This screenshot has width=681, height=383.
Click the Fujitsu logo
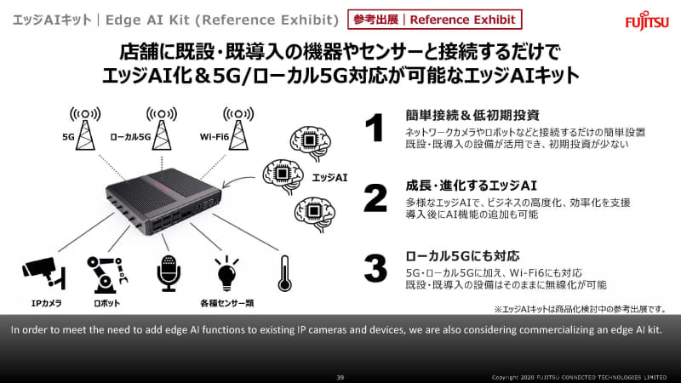(x=647, y=20)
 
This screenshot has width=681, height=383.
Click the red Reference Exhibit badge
(x=435, y=20)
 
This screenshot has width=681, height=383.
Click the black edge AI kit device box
(x=163, y=201)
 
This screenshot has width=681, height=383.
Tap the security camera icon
(x=44, y=273)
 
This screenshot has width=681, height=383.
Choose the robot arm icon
(x=107, y=274)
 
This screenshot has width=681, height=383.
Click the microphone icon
(x=169, y=273)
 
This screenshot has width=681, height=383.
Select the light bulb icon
(x=226, y=273)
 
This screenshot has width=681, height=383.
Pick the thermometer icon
(x=284, y=273)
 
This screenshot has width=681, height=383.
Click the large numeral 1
(x=375, y=128)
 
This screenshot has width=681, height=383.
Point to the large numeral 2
(x=375, y=198)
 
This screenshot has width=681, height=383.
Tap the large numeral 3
(x=375, y=268)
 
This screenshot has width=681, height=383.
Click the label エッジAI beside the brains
(x=329, y=177)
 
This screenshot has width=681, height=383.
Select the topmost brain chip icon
(x=310, y=143)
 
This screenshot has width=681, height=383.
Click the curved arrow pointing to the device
(x=237, y=180)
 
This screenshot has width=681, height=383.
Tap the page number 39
(x=340, y=377)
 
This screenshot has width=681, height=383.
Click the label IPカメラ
(x=47, y=303)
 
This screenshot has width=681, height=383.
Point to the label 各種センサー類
(x=227, y=303)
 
